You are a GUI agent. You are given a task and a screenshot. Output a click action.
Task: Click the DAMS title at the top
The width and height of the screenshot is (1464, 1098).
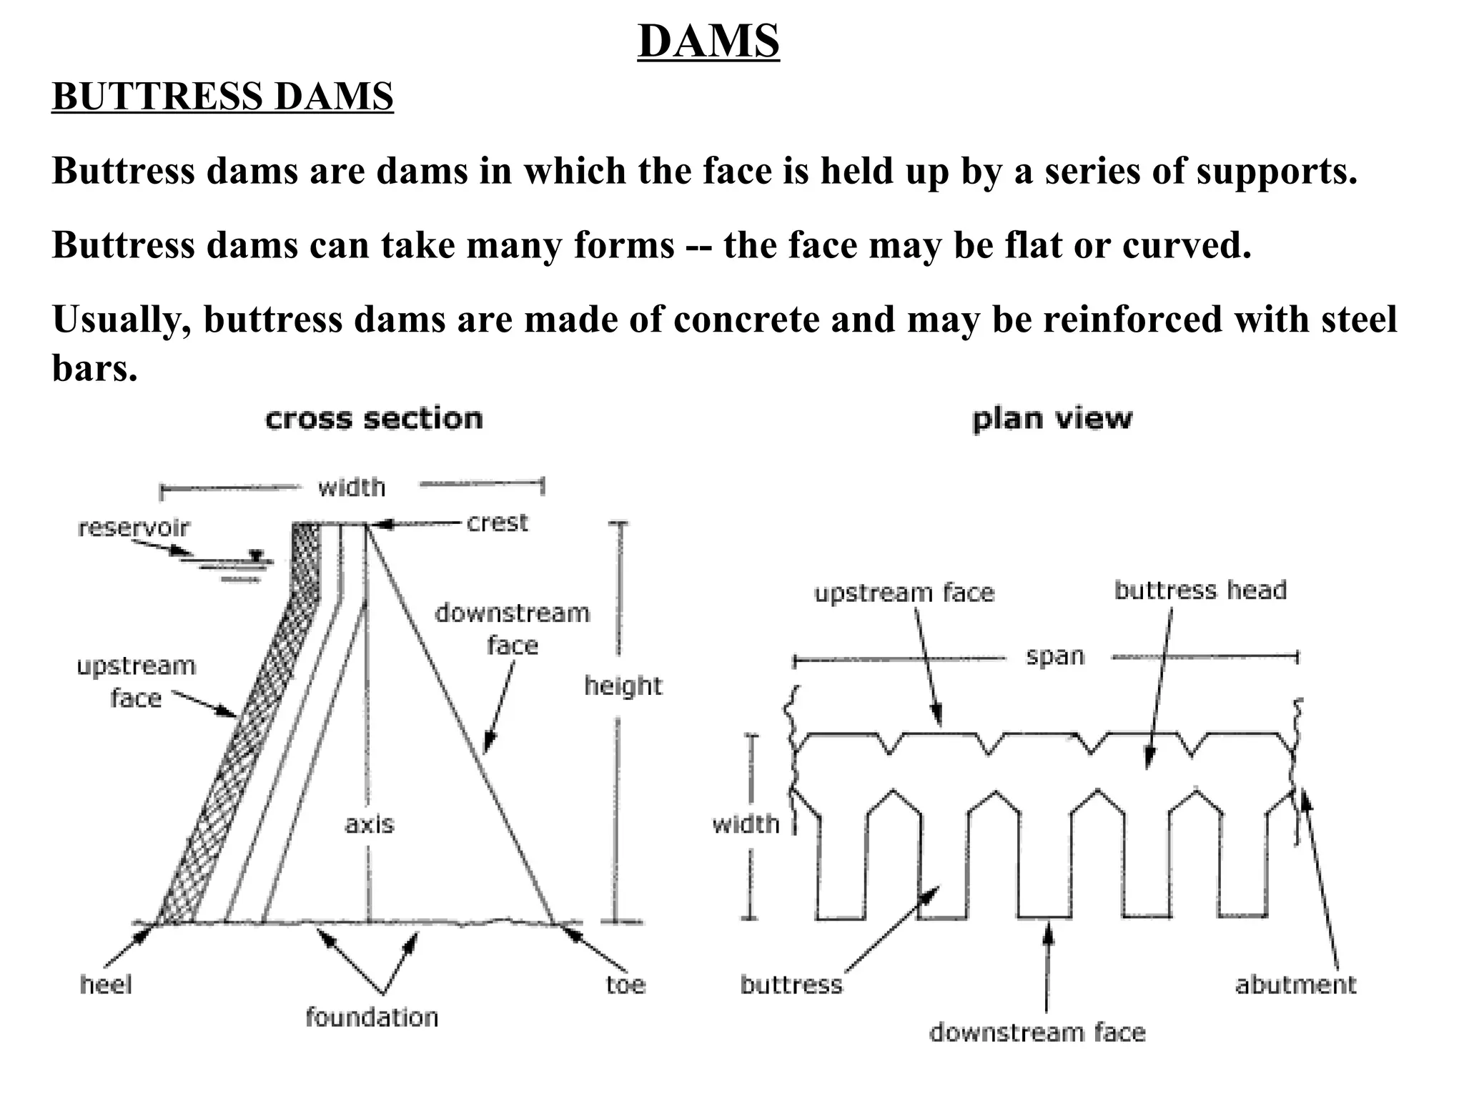point(708,41)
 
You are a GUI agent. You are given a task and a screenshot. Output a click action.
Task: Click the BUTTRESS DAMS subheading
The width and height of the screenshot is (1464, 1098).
point(222,97)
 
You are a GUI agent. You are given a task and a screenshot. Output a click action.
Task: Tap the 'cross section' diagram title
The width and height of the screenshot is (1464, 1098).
point(374,419)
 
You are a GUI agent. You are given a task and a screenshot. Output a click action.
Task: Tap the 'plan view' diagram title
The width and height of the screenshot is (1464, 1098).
point(1052,419)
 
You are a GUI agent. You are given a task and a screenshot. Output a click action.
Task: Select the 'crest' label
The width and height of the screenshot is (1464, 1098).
point(497,523)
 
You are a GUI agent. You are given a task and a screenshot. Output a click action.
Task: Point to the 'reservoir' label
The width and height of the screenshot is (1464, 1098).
point(134,528)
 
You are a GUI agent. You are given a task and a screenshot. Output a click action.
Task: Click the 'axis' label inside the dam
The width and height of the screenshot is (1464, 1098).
point(369,824)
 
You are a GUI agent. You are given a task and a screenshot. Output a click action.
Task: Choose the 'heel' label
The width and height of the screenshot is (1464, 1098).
point(106,985)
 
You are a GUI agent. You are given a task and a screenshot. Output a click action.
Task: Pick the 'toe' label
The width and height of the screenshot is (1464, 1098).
point(625,985)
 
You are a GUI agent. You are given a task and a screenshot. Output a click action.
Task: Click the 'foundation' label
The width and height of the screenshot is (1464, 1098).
point(372,1017)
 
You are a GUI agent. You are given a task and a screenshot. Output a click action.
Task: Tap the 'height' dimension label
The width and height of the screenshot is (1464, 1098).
point(623,686)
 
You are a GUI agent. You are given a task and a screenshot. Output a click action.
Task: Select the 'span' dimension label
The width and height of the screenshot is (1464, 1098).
point(1055,656)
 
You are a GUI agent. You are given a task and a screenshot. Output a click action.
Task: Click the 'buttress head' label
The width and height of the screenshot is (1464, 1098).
point(1200,590)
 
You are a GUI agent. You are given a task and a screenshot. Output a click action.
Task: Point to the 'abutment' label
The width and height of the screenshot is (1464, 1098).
point(1295,985)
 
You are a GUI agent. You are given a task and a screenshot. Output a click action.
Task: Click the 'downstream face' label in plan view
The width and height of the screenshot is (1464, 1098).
point(1037,1032)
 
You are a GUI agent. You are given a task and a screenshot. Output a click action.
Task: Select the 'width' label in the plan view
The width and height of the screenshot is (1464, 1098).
point(746,824)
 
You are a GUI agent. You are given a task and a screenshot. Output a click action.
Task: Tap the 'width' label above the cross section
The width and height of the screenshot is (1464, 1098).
point(352,488)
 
